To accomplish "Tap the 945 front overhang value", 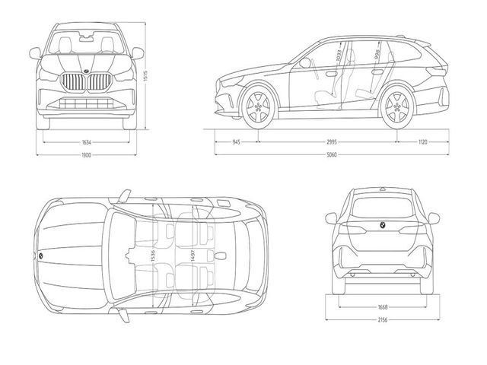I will (x=236, y=142).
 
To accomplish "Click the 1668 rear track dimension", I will (x=382, y=307).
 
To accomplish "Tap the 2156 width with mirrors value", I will (x=382, y=319).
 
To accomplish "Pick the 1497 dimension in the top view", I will (x=193, y=258).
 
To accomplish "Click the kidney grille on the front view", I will (x=86, y=82).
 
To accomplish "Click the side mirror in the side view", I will (x=306, y=64).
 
